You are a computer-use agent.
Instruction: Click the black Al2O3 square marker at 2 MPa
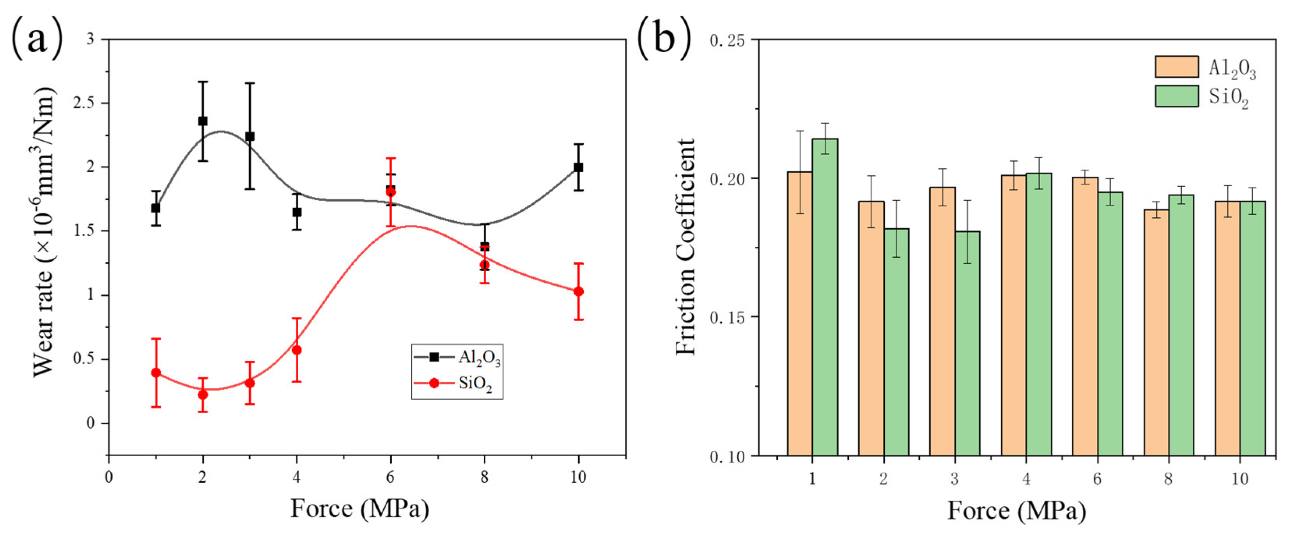(203, 121)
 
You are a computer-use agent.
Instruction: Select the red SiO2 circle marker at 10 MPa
(579, 291)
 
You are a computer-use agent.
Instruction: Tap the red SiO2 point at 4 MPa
(297, 350)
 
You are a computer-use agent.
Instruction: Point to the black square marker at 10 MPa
(579, 167)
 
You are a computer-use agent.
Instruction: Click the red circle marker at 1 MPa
(156, 372)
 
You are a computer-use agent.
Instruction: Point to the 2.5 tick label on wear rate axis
(84, 103)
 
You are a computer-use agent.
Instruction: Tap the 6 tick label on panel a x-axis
(390, 477)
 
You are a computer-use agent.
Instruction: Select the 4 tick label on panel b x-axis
(1026, 479)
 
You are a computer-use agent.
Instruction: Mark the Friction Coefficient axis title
(685, 247)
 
